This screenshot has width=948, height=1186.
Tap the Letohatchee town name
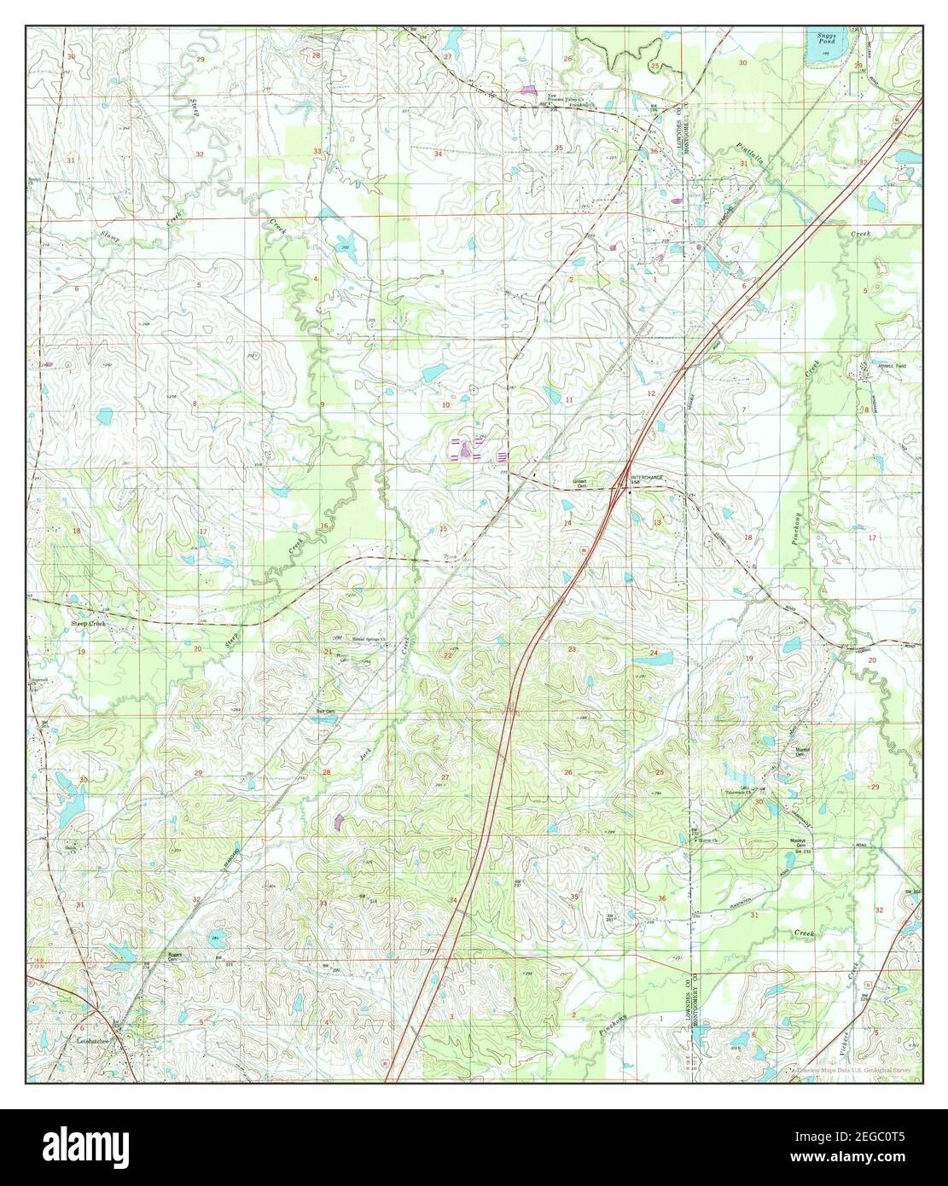(90, 1044)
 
